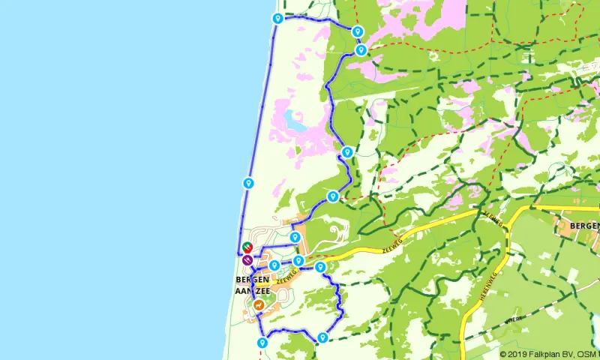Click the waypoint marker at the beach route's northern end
[x=277, y=18]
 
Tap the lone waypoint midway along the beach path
[x=247, y=182]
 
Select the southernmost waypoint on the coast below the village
[x=262, y=343]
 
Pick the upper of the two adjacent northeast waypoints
[x=358, y=31]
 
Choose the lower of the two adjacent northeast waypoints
[x=361, y=50]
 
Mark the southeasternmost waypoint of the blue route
[x=322, y=337]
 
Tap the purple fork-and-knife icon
[x=247, y=260]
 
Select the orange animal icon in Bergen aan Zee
[x=258, y=305]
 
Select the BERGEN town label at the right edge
[x=583, y=225]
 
